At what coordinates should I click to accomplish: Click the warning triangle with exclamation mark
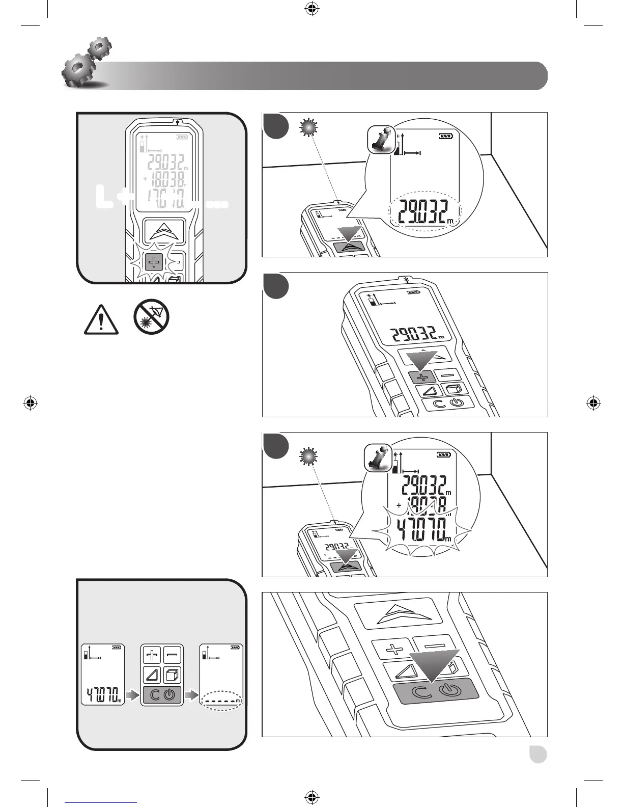101,320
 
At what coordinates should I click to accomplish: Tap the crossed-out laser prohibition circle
152,317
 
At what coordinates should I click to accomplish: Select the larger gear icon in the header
76,71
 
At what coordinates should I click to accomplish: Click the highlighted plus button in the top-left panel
153,263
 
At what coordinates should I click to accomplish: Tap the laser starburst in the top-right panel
307,128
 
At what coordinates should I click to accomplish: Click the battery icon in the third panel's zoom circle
443,455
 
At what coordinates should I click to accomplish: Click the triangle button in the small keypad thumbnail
151,675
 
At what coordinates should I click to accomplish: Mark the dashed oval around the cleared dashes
221,701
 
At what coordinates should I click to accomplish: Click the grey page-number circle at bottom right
537,754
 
